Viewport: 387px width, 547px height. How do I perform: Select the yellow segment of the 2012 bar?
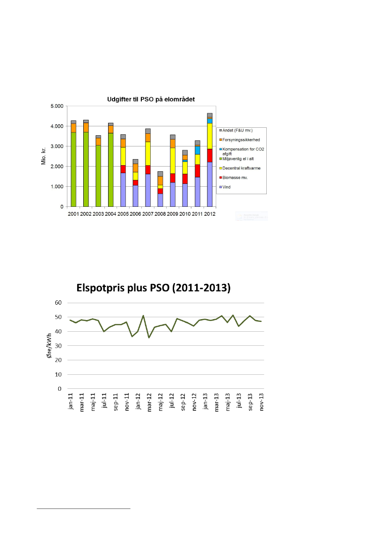(209, 136)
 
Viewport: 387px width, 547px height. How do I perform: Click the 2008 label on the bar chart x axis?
(160, 214)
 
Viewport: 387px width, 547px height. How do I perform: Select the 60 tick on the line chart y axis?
(58, 303)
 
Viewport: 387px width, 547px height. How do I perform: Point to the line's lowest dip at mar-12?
(149, 337)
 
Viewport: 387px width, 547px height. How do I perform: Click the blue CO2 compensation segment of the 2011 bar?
(197, 150)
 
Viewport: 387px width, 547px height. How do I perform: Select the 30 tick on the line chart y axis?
(58, 346)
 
